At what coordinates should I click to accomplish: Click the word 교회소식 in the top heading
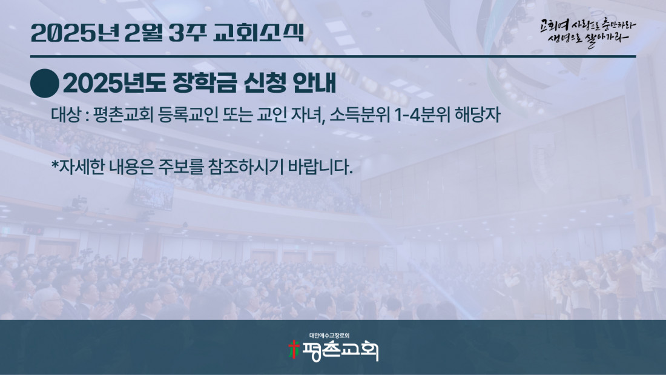pos(259,33)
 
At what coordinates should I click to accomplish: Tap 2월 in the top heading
pos(143,33)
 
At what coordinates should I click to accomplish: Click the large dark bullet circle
pos(45,84)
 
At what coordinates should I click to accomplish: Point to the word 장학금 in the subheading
pos(204,83)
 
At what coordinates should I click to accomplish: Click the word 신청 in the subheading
pos(264,83)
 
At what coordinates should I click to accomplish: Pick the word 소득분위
pos(359,114)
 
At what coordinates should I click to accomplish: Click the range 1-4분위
pos(422,114)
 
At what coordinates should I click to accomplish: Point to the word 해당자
pos(478,114)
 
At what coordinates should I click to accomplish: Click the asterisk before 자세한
pos(54,163)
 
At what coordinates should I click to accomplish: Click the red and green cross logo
pos(294,349)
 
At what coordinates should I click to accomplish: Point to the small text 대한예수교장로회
pos(329,336)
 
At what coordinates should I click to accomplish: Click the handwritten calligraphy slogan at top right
pos(587,33)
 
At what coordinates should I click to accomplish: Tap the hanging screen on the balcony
pos(153,193)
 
